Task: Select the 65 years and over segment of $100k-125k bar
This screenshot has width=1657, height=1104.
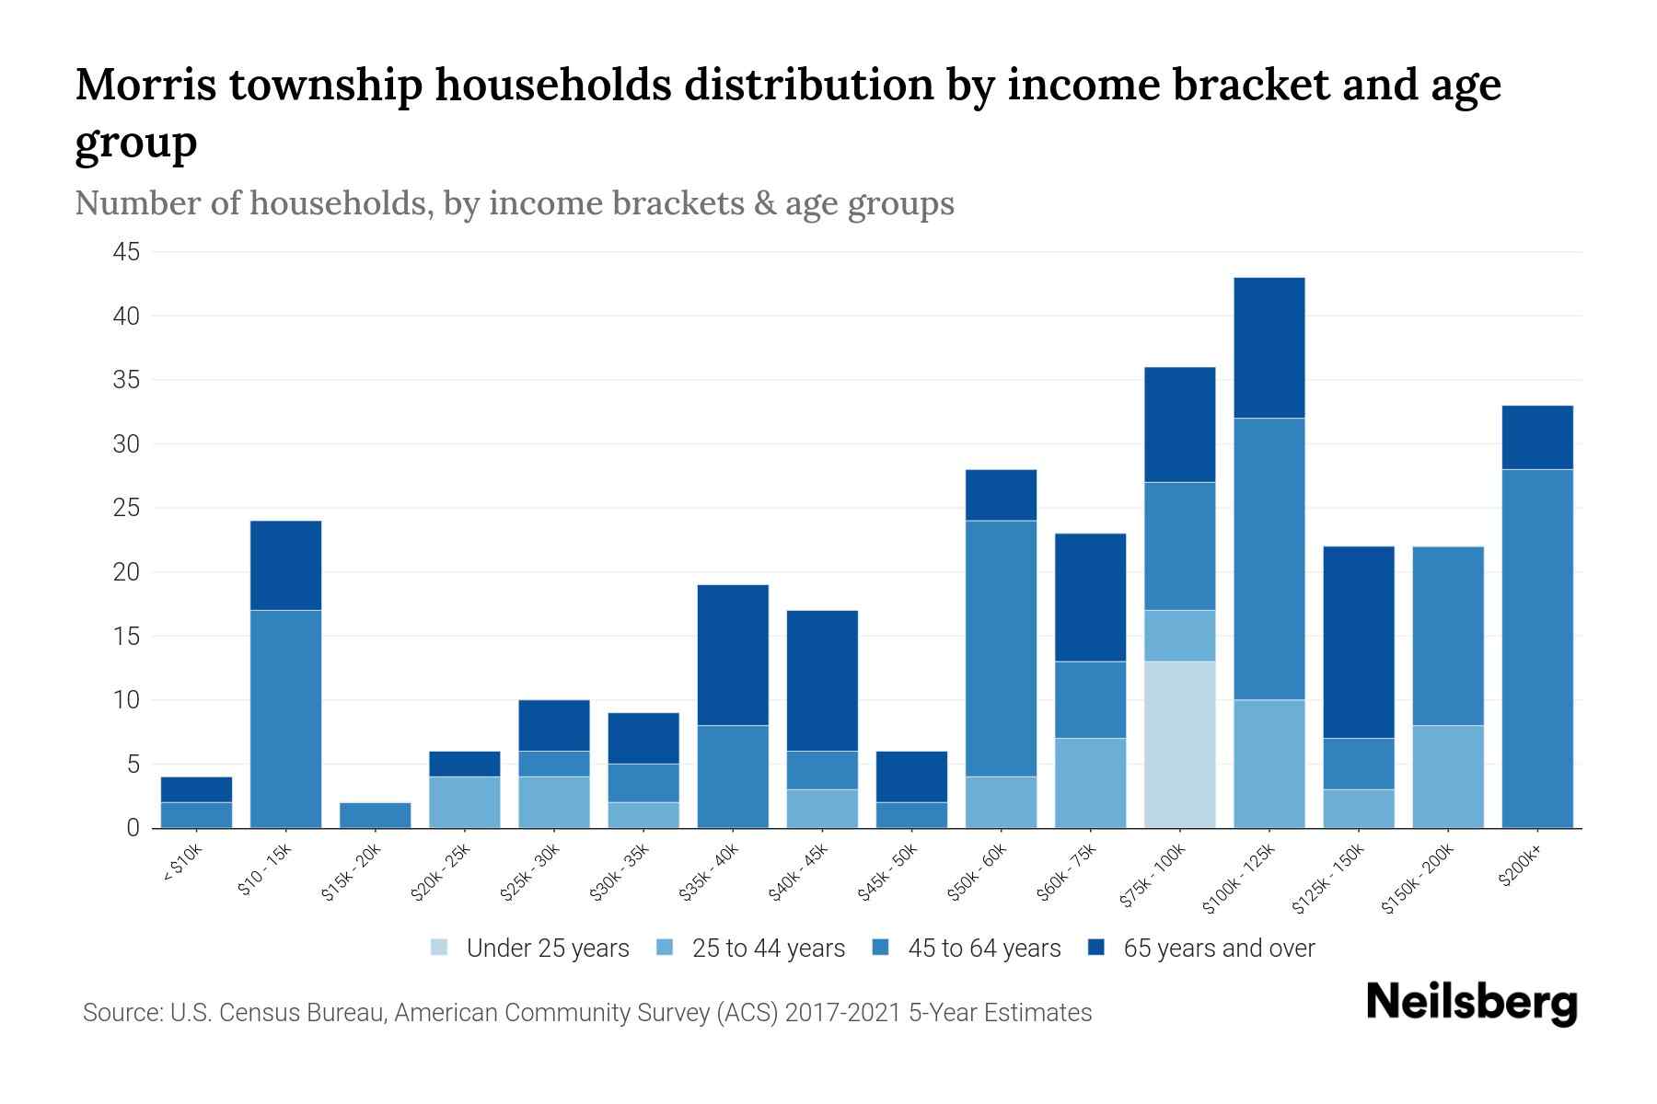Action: [x=1269, y=348]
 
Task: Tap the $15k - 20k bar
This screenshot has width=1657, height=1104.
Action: [x=375, y=815]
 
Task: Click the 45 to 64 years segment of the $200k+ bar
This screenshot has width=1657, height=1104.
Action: [x=1536, y=649]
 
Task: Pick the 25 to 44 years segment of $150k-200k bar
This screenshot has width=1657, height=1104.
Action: [x=1447, y=776]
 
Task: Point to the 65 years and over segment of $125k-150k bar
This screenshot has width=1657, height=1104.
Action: [x=1358, y=642]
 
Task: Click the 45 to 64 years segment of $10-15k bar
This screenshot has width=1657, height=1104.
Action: [x=285, y=719]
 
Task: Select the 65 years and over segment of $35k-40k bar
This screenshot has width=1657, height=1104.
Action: [x=733, y=655]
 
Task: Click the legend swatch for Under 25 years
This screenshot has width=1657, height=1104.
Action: [x=439, y=948]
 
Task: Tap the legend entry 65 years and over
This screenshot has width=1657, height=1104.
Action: [x=1218, y=949]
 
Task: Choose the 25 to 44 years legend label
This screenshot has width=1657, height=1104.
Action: [x=768, y=949]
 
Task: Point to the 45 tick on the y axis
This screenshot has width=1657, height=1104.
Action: [x=126, y=252]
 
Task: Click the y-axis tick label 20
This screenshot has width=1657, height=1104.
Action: [x=126, y=572]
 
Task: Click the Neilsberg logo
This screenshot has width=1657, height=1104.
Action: [x=1471, y=1003]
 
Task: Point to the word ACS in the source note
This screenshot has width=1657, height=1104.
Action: [x=750, y=1013]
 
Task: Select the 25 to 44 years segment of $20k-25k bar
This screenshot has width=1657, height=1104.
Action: [x=464, y=802]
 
